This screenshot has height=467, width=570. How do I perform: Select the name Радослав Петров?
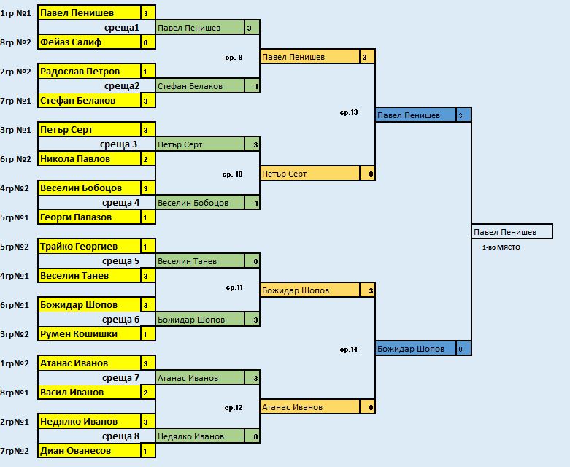point(80,72)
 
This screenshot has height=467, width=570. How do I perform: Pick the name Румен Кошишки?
point(79,334)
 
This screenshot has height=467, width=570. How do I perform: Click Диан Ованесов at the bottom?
point(76,451)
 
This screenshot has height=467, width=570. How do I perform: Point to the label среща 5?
point(120,261)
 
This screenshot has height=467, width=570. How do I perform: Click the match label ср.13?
point(349,112)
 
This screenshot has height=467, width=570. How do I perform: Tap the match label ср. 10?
point(232,174)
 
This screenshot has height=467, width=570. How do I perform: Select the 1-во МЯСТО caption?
point(501,247)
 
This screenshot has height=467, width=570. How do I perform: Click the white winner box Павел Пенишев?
point(512,231)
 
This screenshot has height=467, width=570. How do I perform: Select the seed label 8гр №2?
point(15,42)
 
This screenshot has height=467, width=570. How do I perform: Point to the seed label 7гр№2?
point(15,451)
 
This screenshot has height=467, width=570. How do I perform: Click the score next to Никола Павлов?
point(146,159)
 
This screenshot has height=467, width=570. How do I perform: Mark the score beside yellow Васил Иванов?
point(146,393)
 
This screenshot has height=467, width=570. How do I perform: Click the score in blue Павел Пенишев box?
point(461,115)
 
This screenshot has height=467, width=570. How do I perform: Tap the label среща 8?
point(120,436)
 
